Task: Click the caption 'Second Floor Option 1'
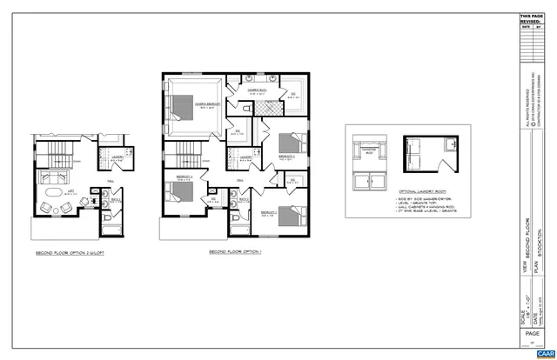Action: pos(237,251)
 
